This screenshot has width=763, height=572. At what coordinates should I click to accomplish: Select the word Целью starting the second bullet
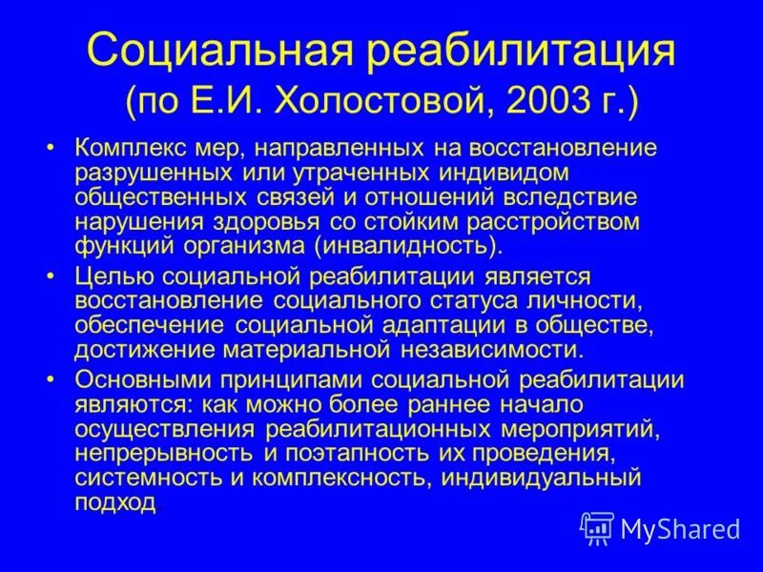click(104, 276)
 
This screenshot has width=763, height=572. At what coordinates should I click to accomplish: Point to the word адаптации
click(436, 324)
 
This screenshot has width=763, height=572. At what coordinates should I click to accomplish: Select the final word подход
click(114, 500)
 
